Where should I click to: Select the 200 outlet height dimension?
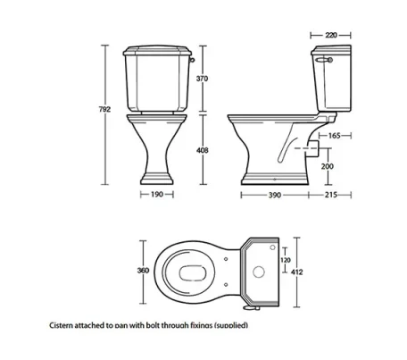(328, 167)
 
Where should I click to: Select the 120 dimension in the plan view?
(286, 261)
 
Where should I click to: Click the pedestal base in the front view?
(155, 174)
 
